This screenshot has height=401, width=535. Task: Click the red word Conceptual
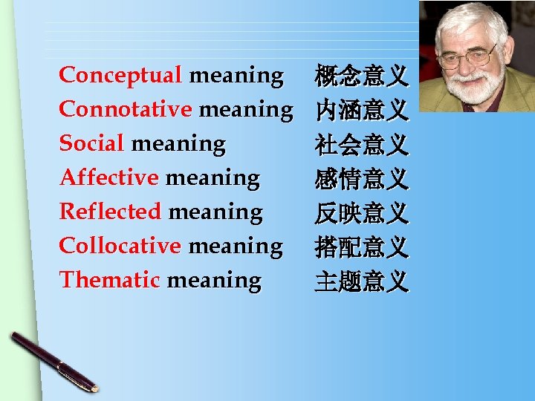coord(120,75)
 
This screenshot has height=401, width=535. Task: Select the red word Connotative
coord(126,109)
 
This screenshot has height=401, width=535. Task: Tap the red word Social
coord(91,143)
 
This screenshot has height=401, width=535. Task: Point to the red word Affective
coord(109,177)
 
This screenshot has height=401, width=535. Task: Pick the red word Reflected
coord(110,212)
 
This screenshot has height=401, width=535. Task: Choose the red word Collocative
coord(120,246)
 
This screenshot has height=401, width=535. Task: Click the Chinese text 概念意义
coord(361,76)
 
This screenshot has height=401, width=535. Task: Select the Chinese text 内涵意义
coord(361,111)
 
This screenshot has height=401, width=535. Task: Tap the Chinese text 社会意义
coord(361,145)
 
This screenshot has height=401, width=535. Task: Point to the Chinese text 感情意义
coord(361,179)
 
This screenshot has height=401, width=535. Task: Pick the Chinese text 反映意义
coord(361,214)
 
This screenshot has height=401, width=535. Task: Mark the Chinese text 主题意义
coord(361,282)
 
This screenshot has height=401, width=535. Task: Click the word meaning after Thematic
coord(214,280)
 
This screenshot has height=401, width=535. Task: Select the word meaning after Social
coord(178,143)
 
